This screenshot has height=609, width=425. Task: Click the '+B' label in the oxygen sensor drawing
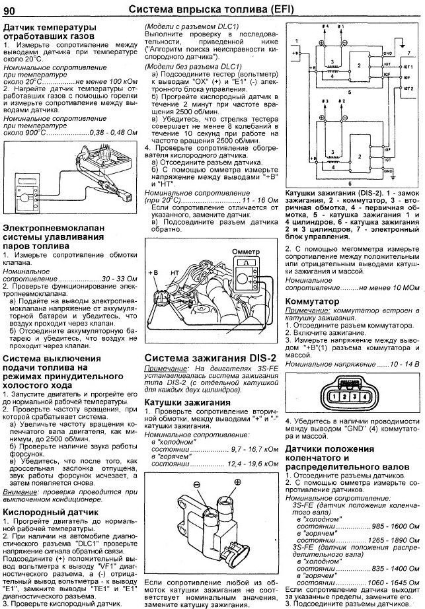click(x=154, y=271)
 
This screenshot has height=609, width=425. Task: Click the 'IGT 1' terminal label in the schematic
click(x=408, y=67)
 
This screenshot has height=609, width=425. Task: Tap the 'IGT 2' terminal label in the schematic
click(x=408, y=87)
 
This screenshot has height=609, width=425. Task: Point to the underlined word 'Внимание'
click(x=19, y=493)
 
